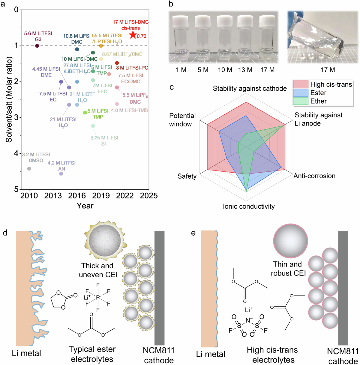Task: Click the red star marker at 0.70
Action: pos(133,35)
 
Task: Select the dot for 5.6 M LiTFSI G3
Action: pos(37,46)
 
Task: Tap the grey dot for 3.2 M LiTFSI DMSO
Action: pos(29,169)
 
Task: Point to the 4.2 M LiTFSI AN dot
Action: pos(61,173)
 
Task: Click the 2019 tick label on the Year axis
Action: pos(101,196)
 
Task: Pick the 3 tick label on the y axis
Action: pos(16,117)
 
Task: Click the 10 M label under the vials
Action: pos(225,70)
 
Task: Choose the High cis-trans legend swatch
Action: pos(301,84)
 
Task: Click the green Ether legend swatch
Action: pos(301,101)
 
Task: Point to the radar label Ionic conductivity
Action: pos(249,207)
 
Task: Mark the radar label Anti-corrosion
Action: pos(314,176)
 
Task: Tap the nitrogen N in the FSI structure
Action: pos(248,321)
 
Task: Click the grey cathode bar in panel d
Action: pos(159,288)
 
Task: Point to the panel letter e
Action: pos(193,233)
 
